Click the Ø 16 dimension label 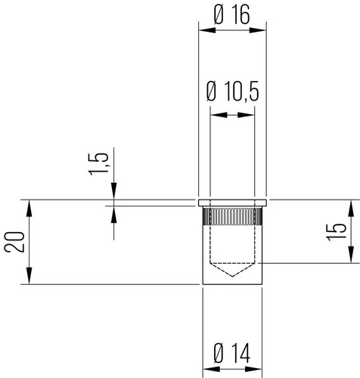point(232,14)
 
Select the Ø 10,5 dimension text point(232,91)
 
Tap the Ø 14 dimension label point(232,353)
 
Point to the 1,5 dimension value point(99,164)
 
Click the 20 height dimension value point(14,242)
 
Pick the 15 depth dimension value point(337,232)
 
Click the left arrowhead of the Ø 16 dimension point(207,30)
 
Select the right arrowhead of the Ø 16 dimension point(258,30)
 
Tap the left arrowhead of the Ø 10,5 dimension point(219,115)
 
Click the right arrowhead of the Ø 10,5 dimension point(246,115)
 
